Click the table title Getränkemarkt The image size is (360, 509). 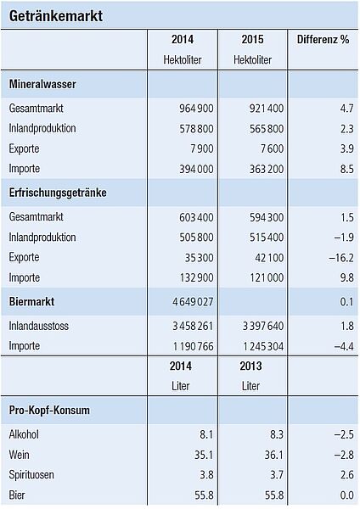55,16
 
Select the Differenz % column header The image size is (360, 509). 323,39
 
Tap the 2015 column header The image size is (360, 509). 252,39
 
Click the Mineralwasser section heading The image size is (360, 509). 42,84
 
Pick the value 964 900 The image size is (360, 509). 196,108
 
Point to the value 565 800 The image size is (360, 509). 267,129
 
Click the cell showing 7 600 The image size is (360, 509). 272,148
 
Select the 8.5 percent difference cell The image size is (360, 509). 346,169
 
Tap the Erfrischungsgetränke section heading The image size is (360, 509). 58,193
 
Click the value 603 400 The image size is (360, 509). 196,217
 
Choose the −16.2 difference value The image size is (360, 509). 341,257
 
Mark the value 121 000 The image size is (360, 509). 267,277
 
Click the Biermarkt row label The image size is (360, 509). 31,301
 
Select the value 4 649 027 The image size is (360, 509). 193,301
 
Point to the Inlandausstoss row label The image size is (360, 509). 39,326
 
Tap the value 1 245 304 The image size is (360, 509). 263,346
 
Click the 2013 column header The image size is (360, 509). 250,366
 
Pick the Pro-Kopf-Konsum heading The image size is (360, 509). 49,410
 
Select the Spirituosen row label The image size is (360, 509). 31,474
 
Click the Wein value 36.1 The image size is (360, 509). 274,455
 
